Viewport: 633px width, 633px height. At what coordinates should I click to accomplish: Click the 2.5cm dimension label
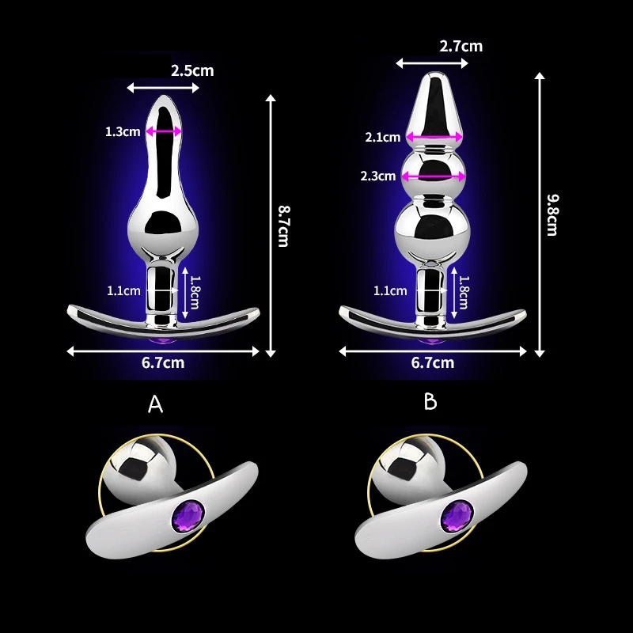click(192, 70)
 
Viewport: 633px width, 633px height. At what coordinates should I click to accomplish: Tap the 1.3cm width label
click(123, 131)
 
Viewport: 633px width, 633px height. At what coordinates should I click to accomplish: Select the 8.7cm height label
click(282, 226)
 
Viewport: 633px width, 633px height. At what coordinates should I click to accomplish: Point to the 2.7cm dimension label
click(461, 46)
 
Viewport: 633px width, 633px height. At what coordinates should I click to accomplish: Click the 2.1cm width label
click(382, 137)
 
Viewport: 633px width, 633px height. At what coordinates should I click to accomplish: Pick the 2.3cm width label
click(379, 176)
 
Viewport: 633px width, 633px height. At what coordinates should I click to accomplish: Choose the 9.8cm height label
click(552, 215)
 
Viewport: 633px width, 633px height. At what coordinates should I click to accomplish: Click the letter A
click(156, 405)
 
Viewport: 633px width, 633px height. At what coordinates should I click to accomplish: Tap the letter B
click(430, 402)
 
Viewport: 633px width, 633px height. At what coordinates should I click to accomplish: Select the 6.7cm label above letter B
click(434, 363)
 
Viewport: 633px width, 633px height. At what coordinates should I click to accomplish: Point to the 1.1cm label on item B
click(390, 290)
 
